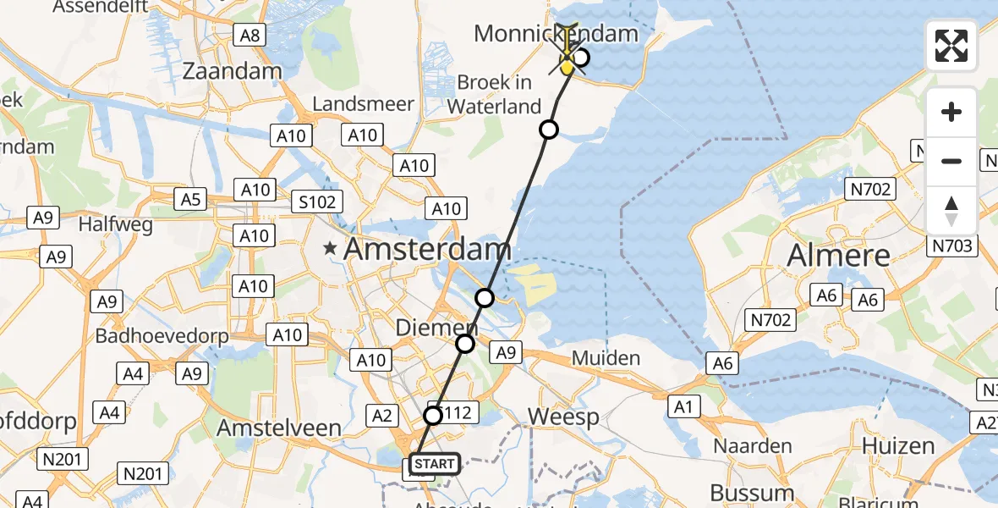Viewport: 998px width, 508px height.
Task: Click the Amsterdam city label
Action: point(428,250)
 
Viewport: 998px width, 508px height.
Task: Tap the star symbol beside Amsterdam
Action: point(332,250)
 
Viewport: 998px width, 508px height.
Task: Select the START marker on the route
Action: point(435,464)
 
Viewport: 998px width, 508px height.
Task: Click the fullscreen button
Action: point(951,46)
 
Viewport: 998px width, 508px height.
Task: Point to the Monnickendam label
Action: point(555,34)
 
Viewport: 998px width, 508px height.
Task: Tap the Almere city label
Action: point(838,256)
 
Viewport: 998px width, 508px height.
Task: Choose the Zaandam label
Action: point(232,71)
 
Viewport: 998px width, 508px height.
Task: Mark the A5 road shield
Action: point(190,200)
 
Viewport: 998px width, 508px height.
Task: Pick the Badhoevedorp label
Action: point(162,336)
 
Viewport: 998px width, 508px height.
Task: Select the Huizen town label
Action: point(898,446)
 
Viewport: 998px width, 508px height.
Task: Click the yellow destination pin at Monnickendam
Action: point(568,61)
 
